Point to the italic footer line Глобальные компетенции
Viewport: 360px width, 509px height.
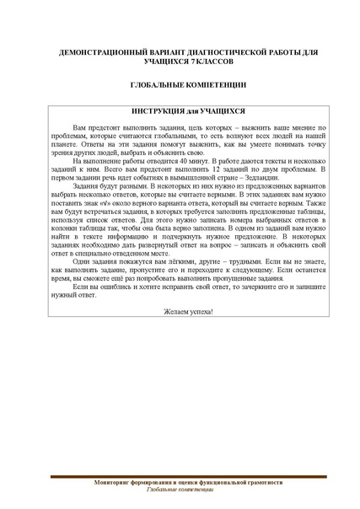click(180, 489)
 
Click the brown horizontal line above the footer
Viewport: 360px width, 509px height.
click(180, 476)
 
